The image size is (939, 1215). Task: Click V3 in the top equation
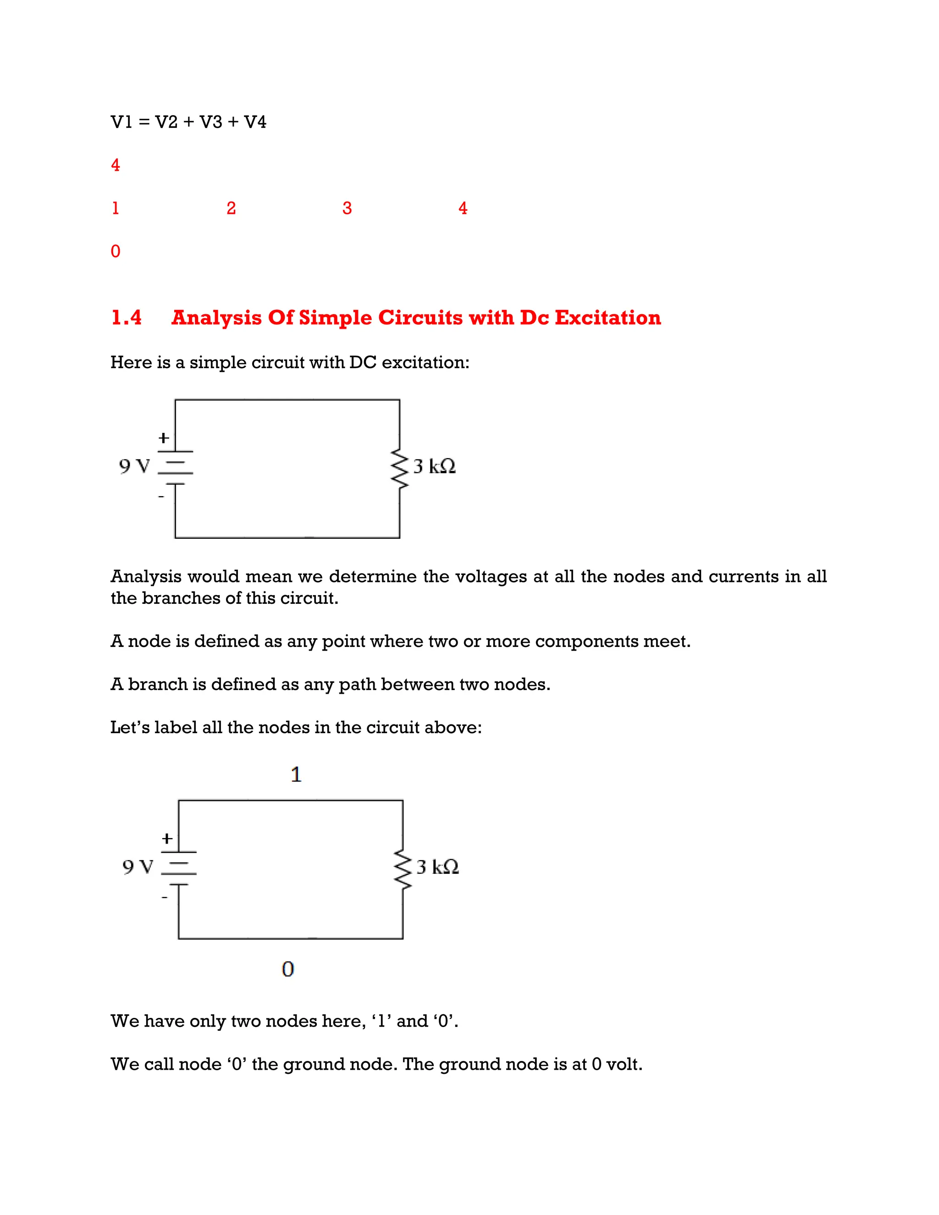(x=211, y=122)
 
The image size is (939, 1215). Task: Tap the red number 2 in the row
(x=232, y=208)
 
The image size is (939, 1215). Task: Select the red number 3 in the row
(x=347, y=208)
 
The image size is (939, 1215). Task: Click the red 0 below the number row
(x=116, y=251)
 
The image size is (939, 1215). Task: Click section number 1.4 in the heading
(x=126, y=318)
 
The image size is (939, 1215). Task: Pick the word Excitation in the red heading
(x=608, y=318)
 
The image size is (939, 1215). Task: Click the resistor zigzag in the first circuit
(x=399, y=469)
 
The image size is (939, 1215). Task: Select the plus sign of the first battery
(x=164, y=438)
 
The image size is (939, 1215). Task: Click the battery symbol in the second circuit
(x=178, y=868)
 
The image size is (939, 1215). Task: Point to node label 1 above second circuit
(x=296, y=774)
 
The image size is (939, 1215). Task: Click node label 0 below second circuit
(x=287, y=970)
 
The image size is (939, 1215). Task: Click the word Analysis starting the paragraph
(x=146, y=576)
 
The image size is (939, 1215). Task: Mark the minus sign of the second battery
(x=165, y=897)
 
